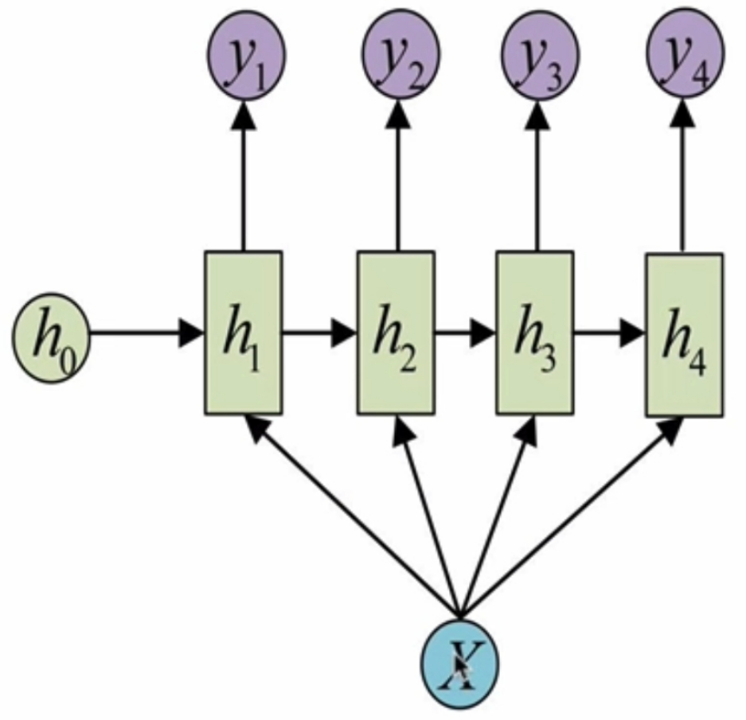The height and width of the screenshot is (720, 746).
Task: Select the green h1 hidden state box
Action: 243,333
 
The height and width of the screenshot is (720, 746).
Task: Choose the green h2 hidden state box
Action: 396,333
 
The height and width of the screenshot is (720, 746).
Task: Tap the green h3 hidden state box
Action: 534,333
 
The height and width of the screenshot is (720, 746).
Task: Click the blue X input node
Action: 459,660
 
